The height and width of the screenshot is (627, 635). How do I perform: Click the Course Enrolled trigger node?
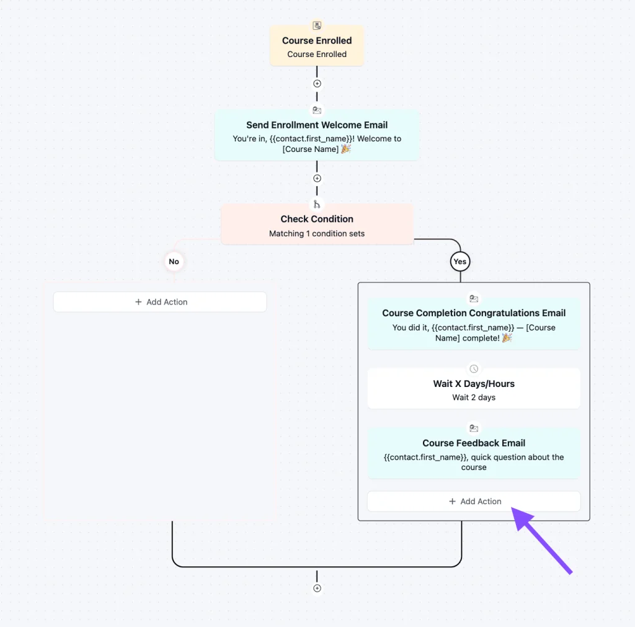(317, 46)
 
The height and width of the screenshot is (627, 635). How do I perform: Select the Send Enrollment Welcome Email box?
(317, 136)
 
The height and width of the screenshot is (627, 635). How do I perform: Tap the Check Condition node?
(317, 224)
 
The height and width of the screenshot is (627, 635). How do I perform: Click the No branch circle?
(174, 262)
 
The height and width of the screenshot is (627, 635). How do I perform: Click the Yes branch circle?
(460, 262)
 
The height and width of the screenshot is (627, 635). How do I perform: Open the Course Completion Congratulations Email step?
(474, 324)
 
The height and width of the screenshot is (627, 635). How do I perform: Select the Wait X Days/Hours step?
(474, 389)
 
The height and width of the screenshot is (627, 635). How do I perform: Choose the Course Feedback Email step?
(474, 453)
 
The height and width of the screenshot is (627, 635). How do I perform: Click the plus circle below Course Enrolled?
(317, 84)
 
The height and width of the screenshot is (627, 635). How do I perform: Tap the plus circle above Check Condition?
(317, 178)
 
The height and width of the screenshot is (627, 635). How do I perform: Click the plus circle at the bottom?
(317, 588)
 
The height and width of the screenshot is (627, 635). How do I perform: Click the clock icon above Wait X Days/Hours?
(474, 368)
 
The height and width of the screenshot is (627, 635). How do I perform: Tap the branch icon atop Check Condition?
(317, 204)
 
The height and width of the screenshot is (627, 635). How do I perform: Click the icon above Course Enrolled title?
(317, 25)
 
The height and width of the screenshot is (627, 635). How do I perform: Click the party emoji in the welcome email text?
(346, 149)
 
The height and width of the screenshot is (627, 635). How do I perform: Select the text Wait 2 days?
(474, 398)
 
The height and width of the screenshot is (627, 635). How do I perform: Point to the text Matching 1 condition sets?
(317, 234)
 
